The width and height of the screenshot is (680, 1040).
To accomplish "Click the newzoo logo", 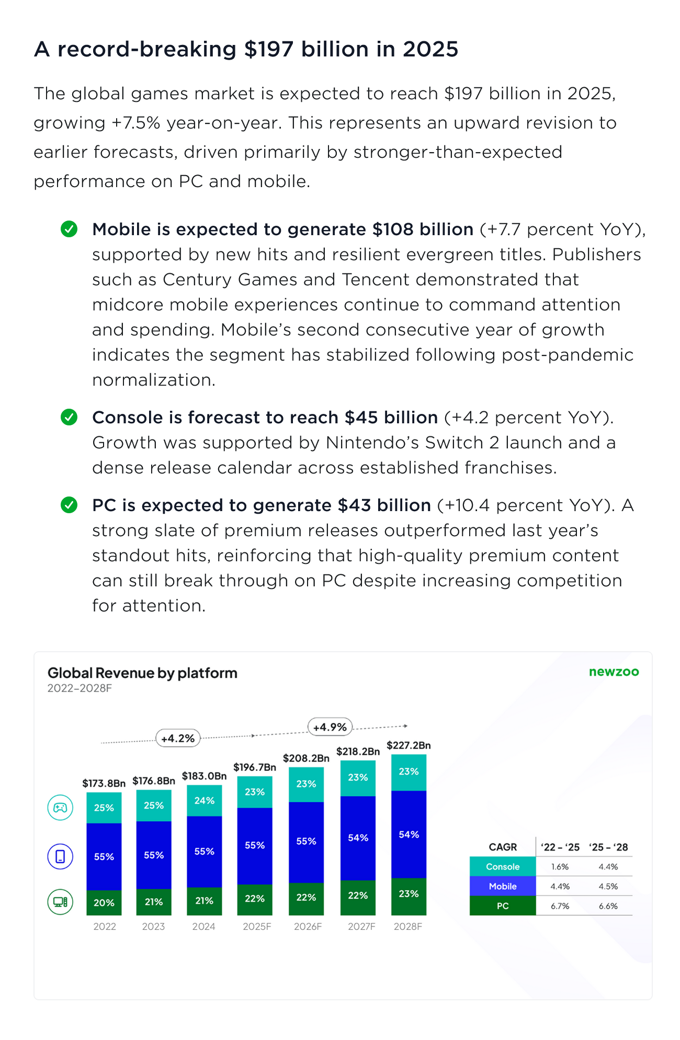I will pyautogui.click(x=614, y=672).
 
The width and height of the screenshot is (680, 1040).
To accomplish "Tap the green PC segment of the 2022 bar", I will pyautogui.click(x=104, y=903).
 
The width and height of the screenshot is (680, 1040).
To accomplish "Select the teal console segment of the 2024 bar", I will pyautogui.click(x=204, y=801).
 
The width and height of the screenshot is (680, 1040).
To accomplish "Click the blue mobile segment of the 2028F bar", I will pyautogui.click(x=409, y=835).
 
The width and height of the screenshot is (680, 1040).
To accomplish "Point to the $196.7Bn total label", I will pyautogui.click(x=255, y=767).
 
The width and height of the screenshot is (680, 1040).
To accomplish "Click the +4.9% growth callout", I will pyautogui.click(x=330, y=727).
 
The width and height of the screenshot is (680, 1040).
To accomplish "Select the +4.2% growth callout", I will pyautogui.click(x=178, y=738).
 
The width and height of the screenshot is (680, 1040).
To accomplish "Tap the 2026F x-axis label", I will pyautogui.click(x=308, y=927).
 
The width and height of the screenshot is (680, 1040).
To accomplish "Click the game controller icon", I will pyautogui.click(x=61, y=807).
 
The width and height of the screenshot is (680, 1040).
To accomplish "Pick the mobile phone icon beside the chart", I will pyautogui.click(x=61, y=857).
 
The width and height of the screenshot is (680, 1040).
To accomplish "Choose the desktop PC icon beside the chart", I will pyautogui.click(x=61, y=902).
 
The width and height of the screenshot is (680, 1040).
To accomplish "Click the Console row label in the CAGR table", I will pyautogui.click(x=503, y=866).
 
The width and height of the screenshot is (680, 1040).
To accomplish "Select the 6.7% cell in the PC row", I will pyautogui.click(x=560, y=906).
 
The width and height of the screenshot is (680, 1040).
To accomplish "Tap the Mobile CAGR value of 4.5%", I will pyautogui.click(x=608, y=886).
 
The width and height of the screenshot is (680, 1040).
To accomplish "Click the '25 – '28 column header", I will pyautogui.click(x=608, y=847).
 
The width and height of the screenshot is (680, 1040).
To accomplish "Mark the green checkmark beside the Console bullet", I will pyautogui.click(x=69, y=417).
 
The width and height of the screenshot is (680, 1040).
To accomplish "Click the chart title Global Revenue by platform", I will pyautogui.click(x=142, y=673).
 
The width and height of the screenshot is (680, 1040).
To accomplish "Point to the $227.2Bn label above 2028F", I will pyautogui.click(x=409, y=745).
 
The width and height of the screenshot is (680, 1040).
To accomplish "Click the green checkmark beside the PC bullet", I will pyautogui.click(x=69, y=505).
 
